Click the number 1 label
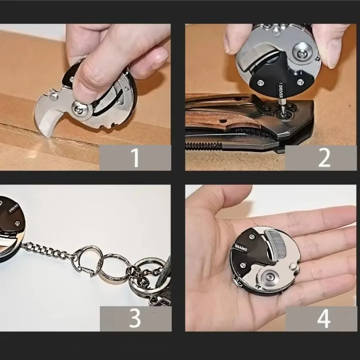(x=135, y=158)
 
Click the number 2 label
(x=324, y=158)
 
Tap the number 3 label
(x=135, y=318)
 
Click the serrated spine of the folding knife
(x=203, y=145)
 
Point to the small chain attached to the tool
(x=47, y=250)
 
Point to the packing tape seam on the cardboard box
(x=72, y=144)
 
